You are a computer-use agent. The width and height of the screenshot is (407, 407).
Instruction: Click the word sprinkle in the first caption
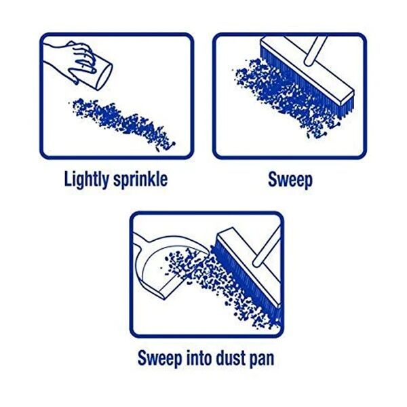pyautogui.click(x=140, y=180)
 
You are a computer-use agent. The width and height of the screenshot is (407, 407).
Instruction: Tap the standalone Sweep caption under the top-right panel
pyautogui.click(x=290, y=180)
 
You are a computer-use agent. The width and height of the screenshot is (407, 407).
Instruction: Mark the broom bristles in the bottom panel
pyautogui.click(x=234, y=285)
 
